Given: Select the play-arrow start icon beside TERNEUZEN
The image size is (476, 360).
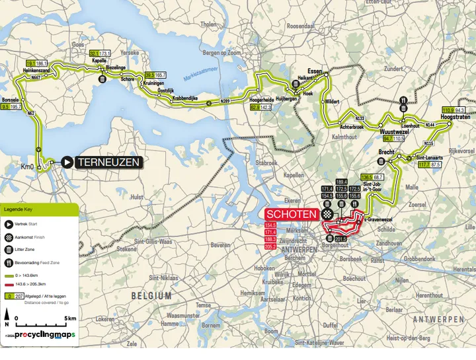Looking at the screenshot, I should (x=67, y=162).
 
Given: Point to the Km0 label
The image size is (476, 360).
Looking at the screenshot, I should (x=27, y=166).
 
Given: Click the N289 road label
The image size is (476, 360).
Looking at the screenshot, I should (x=225, y=101).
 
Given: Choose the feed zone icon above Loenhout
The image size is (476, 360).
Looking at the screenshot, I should (x=404, y=101).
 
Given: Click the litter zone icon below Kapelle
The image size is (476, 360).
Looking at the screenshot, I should (x=102, y=79).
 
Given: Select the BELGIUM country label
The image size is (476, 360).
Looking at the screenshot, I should (x=151, y=297).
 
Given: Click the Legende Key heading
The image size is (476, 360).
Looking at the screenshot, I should (x=19, y=209).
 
